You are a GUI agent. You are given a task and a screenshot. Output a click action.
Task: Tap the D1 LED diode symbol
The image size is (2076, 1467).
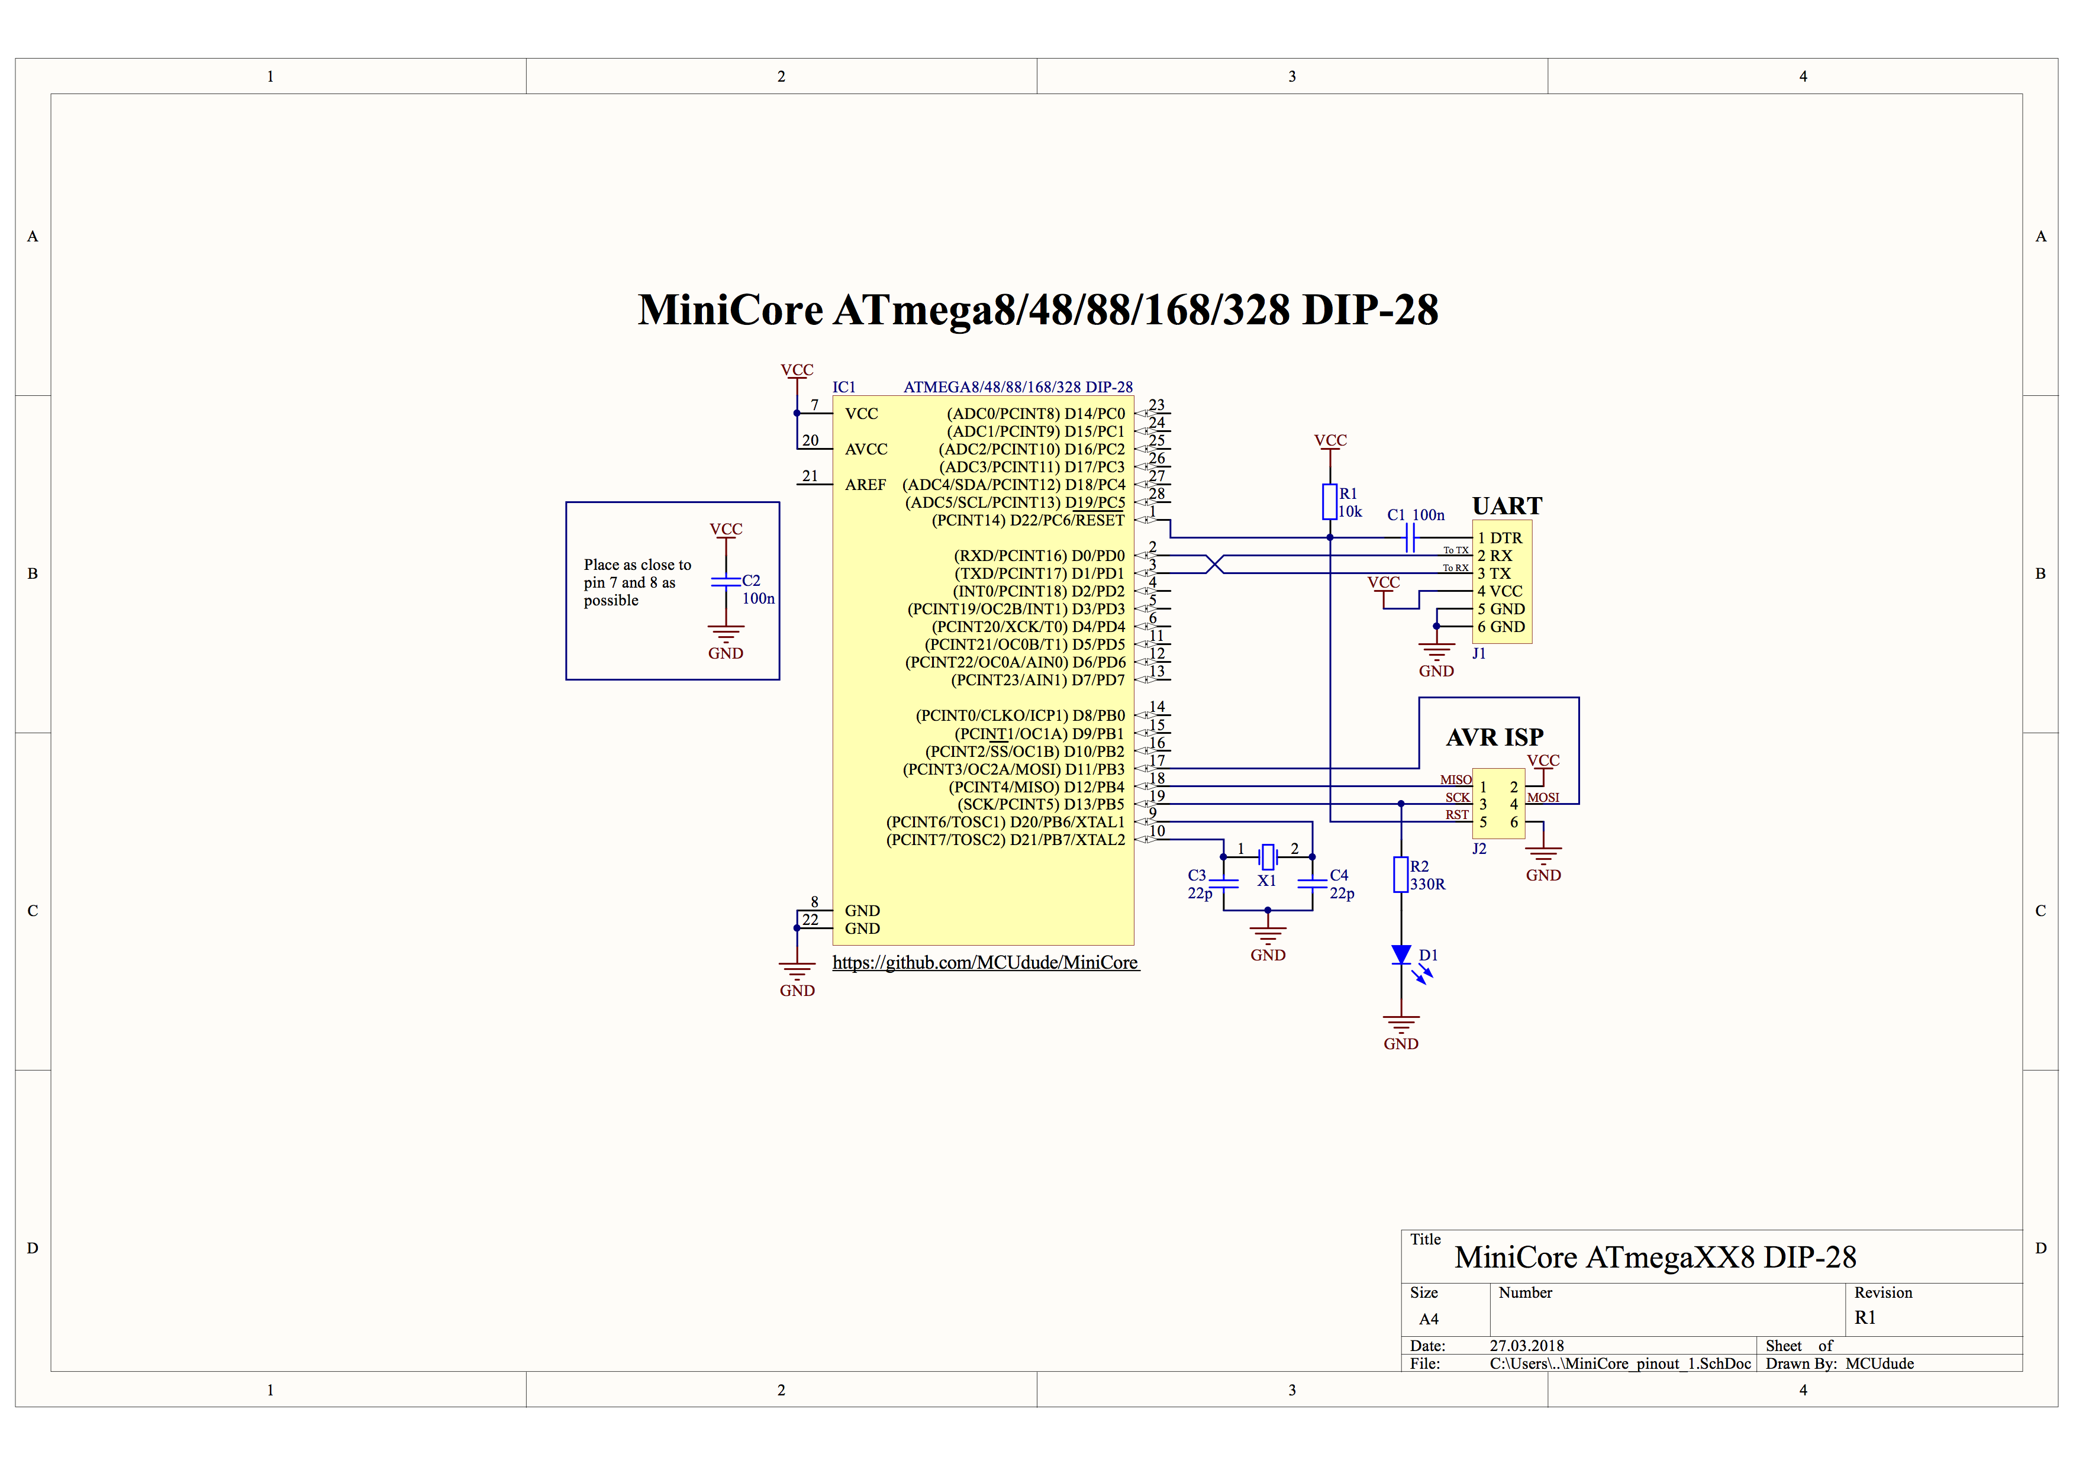click(x=1401, y=955)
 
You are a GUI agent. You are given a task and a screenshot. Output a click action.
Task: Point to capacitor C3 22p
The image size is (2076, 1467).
click(x=1223, y=883)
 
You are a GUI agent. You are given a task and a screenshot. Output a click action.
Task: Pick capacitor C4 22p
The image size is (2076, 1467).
click(x=1312, y=883)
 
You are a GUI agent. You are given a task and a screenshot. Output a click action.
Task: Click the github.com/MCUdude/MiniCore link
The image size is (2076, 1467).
click(x=985, y=963)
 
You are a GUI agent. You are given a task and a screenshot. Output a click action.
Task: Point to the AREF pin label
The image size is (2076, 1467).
click(x=865, y=485)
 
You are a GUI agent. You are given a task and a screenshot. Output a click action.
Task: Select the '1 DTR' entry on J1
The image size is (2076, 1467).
click(x=1500, y=538)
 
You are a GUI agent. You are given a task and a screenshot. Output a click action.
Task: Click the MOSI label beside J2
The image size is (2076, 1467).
click(x=1543, y=797)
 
